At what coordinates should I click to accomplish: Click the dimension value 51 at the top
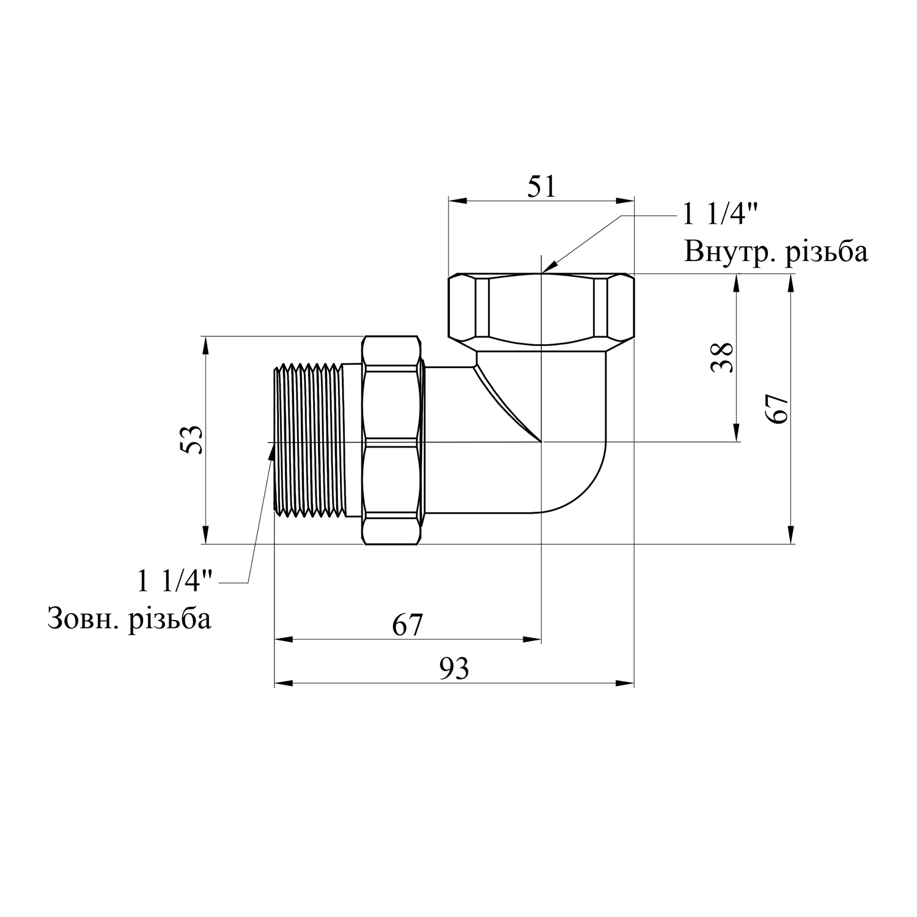542,186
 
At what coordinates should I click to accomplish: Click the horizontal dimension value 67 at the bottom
407,625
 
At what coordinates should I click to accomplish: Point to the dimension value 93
454,669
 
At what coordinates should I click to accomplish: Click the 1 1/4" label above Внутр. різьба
721,215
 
